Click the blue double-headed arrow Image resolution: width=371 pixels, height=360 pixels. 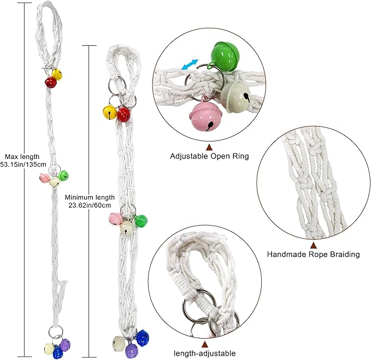189,65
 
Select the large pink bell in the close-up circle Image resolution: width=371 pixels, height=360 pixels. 205,114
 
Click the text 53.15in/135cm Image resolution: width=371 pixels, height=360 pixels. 23,164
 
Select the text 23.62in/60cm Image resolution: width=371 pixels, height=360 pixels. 90,205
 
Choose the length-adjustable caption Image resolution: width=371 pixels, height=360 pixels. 205,353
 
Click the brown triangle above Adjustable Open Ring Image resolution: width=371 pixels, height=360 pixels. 209,147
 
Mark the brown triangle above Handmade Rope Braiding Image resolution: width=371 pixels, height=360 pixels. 314,245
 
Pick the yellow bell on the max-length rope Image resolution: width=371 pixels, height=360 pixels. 57,74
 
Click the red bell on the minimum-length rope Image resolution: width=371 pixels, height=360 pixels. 123,115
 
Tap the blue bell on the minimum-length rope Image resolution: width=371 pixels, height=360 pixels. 143,338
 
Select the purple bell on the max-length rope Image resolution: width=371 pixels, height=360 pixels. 65,345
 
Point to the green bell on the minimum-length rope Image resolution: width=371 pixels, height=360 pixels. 141,221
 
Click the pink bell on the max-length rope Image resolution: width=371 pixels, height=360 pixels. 44,178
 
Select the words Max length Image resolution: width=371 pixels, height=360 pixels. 22,157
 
